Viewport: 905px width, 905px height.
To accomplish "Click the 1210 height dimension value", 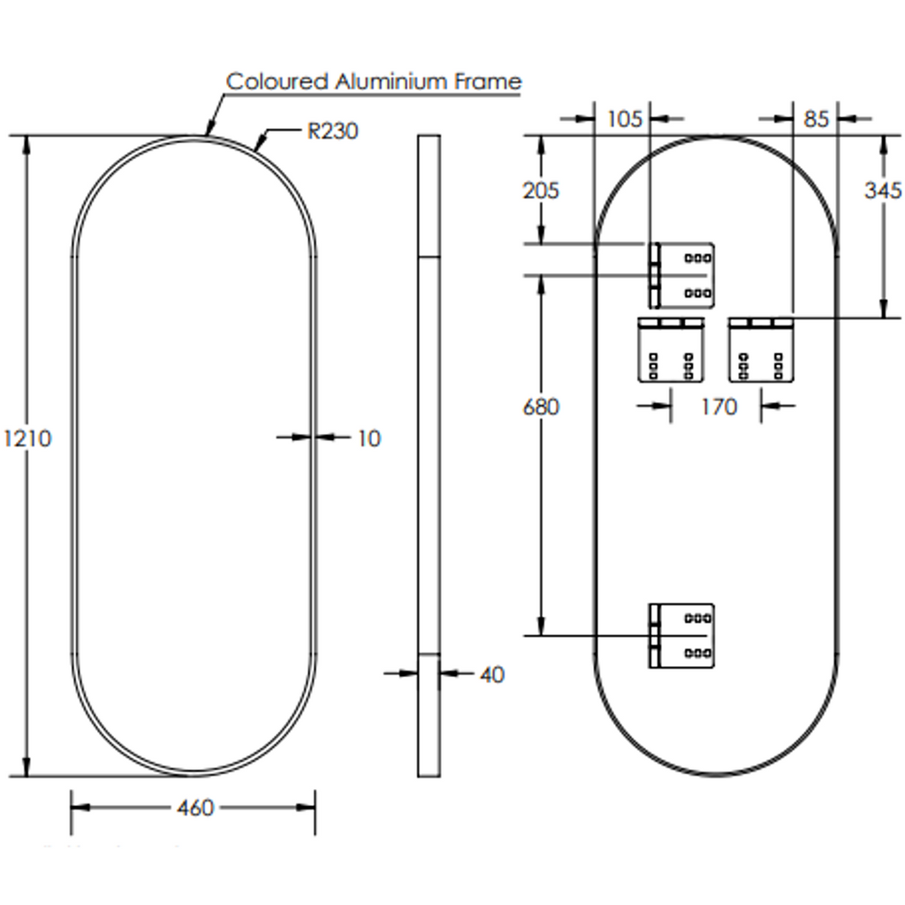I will [27, 438].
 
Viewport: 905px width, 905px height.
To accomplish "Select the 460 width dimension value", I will [194, 807].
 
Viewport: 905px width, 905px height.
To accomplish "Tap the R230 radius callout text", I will [332, 132].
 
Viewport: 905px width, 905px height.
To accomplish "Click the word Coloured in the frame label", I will [277, 81].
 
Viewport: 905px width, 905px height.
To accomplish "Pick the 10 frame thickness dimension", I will [369, 437].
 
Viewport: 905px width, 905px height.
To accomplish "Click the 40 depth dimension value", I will [491, 674].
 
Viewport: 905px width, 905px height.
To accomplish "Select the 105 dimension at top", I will [625, 118].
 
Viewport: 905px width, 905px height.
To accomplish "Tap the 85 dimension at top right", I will [817, 118].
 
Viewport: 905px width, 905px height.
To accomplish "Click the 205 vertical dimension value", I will [541, 190].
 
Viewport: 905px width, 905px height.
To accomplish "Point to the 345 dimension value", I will [883, 190].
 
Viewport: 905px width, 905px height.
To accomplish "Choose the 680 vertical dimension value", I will [541, 407].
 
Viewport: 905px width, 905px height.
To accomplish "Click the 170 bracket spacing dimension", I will [719, 407].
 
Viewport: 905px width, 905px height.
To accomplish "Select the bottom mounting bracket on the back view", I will [681, 635].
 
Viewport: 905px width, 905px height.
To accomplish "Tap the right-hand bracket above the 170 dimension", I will [762, 349].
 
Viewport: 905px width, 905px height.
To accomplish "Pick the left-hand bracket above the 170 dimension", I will [672, 349].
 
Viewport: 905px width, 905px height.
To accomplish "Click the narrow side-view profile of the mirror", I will [429, 455].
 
